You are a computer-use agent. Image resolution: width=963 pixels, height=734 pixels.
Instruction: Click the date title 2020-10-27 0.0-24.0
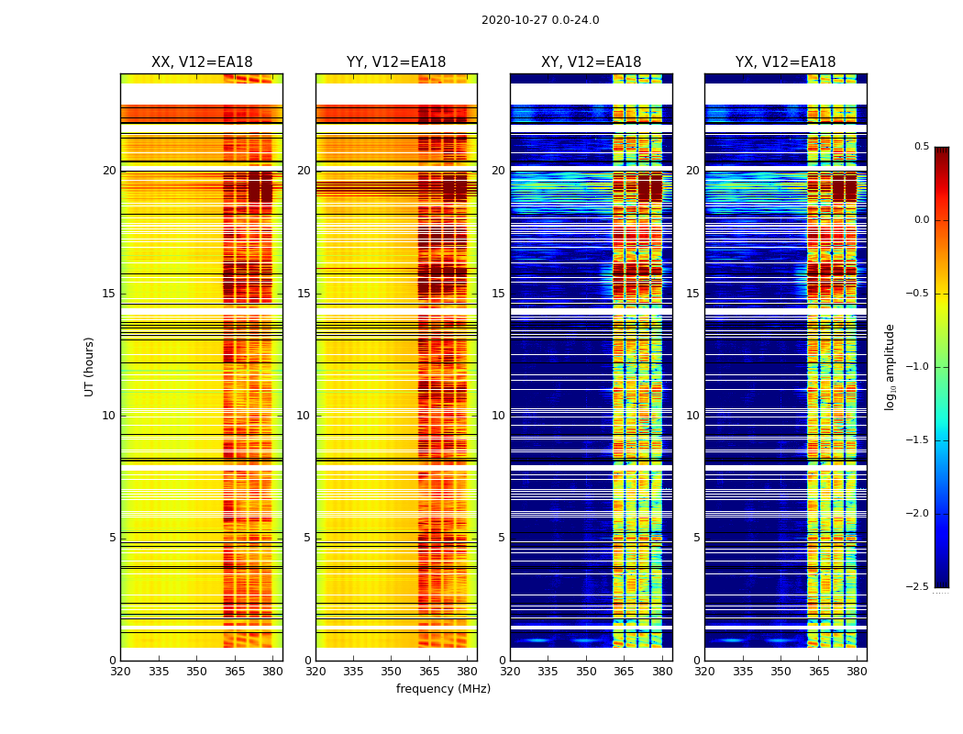pyautogui.click(x=540, y=20)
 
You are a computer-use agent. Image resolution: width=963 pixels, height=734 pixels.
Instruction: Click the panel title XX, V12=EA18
pyautogui.click(x=202, y=62)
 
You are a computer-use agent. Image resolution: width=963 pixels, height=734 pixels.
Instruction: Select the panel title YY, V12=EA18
pyautogui.click(x=396, y=62)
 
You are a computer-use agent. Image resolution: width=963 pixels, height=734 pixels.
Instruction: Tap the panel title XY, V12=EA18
pyautogui.click(x=592, y=62)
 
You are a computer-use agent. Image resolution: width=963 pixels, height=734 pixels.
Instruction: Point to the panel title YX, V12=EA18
pyautogui.click(x=786, y=62)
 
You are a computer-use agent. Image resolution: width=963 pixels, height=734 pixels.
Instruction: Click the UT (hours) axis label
pyautogui.click(x=90, y=366)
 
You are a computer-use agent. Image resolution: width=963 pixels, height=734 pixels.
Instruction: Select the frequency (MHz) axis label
pyautogui.click(x=443, y=689)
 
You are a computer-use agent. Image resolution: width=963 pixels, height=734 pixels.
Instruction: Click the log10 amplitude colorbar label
pyautogui.click(x=891, y=366)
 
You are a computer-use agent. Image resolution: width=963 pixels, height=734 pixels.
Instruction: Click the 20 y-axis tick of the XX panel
pyautogui.click(x=109, y=171)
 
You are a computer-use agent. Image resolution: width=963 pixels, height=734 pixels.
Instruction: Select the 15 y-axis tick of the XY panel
pyautogui.click(x=499, y=294)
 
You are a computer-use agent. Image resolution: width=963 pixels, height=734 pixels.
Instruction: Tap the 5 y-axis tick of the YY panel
pyautogui.click(x=307, y=538)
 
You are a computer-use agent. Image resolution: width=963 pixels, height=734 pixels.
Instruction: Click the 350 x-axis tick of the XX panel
pyautogui.click(x=196, y=671)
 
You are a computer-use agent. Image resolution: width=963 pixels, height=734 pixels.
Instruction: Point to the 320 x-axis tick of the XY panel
pyautogui.click(x=510, y=671)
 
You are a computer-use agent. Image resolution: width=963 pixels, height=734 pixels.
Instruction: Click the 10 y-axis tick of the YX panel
pyautogui.click(x=693, y=416)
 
